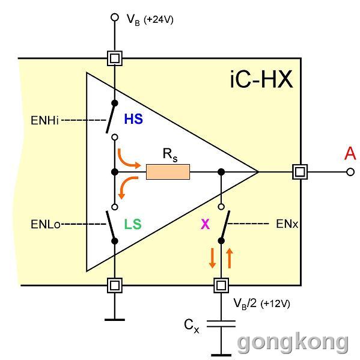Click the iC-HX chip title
click(261, 79)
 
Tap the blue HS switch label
click(133, 119)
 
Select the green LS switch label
click(133, 224)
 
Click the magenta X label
click(205, 224)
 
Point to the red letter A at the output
click(350, 153)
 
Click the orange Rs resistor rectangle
click(168, 172)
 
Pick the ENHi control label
click(44, 120)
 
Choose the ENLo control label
click(46, 224)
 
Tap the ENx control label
click(287, 224)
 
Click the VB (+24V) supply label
click(150, 20)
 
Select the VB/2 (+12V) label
click(261, 304)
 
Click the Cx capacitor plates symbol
click(221, 324)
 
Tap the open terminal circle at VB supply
click(115, 17)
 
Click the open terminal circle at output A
click(350, 172)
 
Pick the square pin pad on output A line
click(300, 172)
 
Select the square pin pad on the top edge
click(115, 58)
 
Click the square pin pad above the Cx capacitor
click(221, 285)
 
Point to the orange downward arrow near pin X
click(212, 258)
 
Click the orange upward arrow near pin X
click(230, 258)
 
